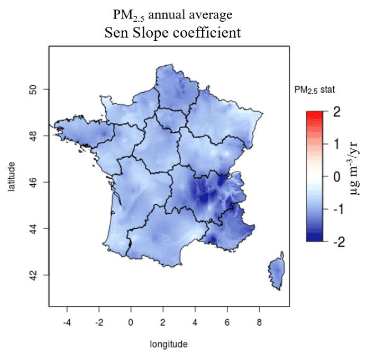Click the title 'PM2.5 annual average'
pyautogui.click(x=172, y=14)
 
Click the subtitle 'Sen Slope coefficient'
pyautogui.click(x=173, y=33)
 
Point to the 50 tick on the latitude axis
pyautogui.click(x=32, y=89)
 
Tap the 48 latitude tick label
pyautogui.click(x=32, y=136)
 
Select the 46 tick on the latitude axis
pyautogui.click(x=32, y=182)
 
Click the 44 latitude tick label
pyautogui.click(x=32, y=229)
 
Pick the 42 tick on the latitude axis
pyautogui.click(x=32, y=275)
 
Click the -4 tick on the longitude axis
pyautogui.click(x=67, y=322)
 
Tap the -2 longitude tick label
pyautogui.click(x=99, y=322)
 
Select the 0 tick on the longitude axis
pyautogui.click(x=131, y=322)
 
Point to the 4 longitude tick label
pyautogui.click(x=195, y=322)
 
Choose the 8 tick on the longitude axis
pyautogui.click(x=259, y=322)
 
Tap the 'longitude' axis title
pyautogui.click(x=169, y=344)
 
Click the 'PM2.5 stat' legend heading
pyautogui.click(x=314, y=91)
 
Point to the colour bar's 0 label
pyautogui.click(x=337, y=176)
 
